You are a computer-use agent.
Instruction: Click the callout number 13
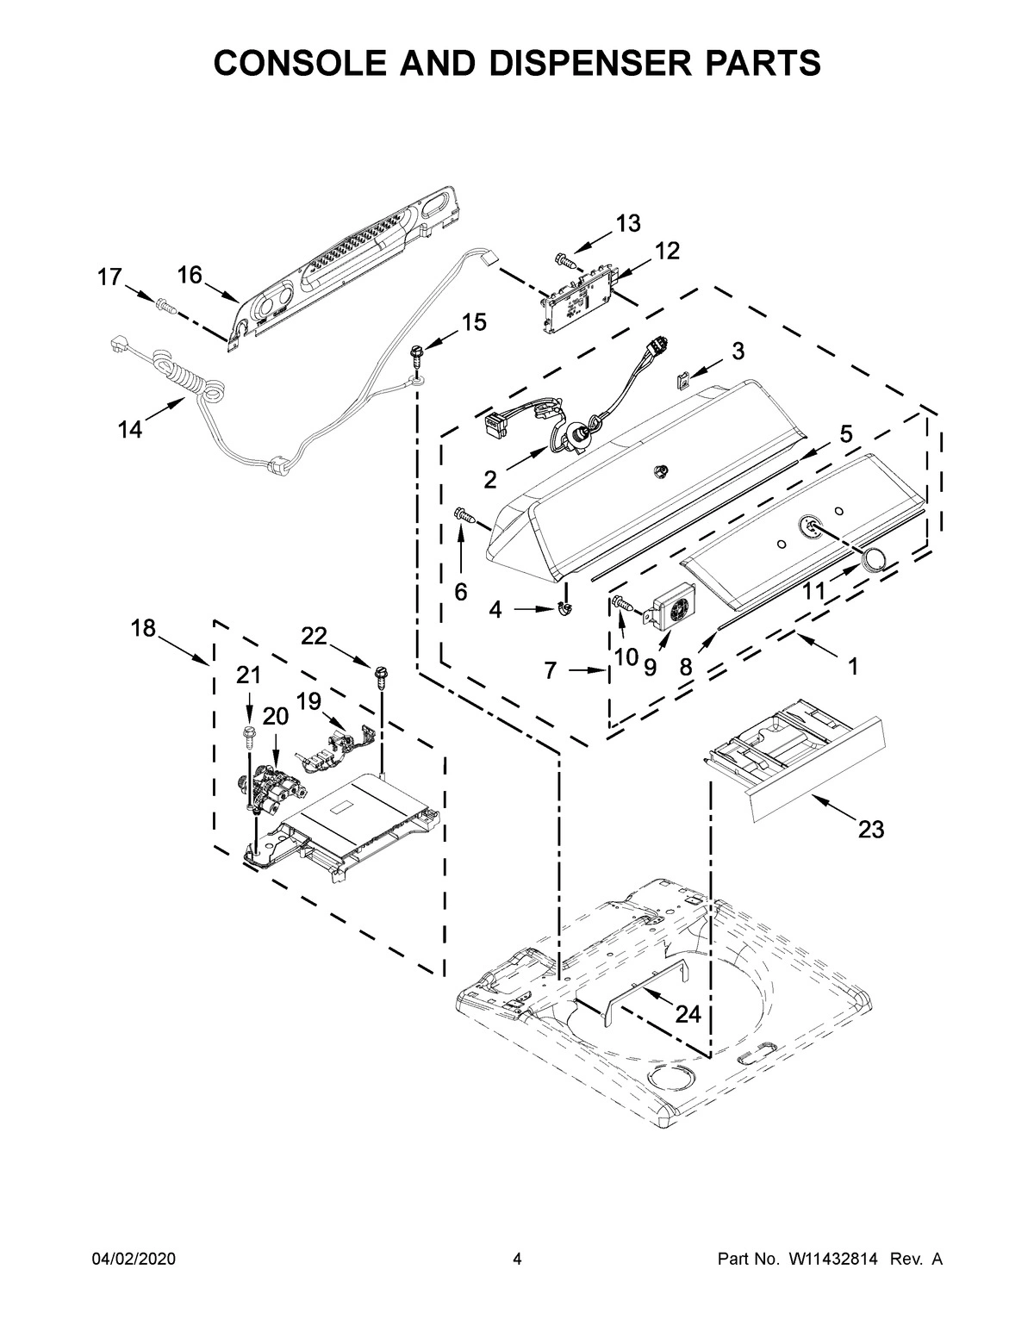point(627,224)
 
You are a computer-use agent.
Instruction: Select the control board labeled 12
point(576,298)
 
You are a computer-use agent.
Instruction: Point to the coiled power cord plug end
point(117,345)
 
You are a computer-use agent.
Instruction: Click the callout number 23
point(870,830)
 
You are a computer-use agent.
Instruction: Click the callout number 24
point(687,1015)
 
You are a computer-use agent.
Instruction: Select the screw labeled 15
point(418,353)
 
